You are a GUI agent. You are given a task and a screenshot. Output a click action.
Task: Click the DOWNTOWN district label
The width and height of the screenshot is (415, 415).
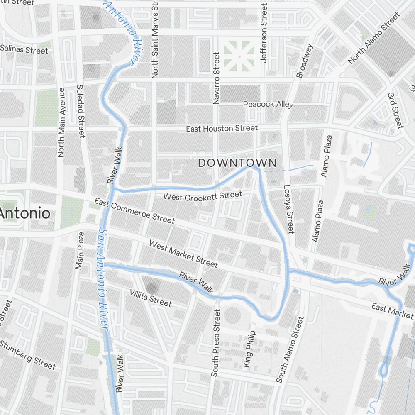[x=237, y=163]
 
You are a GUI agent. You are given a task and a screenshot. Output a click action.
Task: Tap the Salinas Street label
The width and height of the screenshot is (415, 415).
[x=24, y=49]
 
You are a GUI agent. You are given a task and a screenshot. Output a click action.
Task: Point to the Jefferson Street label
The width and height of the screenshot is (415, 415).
[x=264, y=33]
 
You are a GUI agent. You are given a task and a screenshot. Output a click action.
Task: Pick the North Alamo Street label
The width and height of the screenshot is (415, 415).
[x=374, y=38]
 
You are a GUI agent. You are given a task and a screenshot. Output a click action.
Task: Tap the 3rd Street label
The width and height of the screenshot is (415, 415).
[x=395, y=110]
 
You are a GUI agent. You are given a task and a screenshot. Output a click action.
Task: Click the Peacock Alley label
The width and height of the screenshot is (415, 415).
[x=268, y=104]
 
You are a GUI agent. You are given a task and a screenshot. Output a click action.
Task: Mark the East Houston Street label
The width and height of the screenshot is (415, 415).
[x=222, y=129]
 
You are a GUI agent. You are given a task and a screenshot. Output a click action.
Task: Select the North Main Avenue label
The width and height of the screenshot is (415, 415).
[x=61, y=122]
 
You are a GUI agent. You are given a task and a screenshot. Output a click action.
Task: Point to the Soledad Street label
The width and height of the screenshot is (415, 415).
[x=81, y=111]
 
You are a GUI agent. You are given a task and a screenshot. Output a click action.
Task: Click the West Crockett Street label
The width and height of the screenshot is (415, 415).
[x=203, y=195]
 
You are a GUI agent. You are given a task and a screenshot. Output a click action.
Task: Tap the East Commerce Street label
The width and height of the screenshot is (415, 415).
[x=134, y=210]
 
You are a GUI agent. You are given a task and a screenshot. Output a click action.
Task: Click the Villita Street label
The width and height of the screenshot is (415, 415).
[x=150, y=298]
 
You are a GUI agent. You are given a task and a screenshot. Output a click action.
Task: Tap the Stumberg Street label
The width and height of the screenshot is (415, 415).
[x=27, y=355]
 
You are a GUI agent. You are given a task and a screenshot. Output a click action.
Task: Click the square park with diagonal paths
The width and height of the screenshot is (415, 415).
[x=239, y=56]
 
